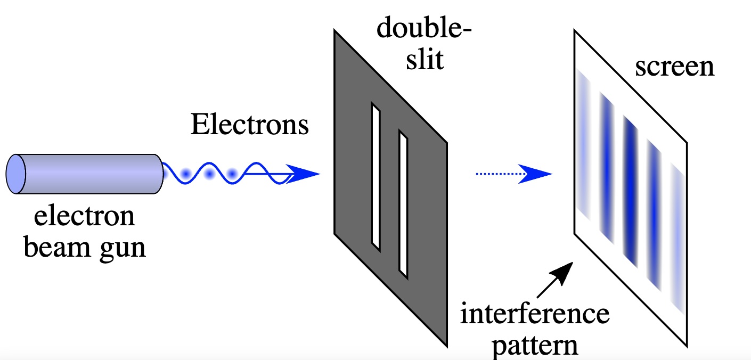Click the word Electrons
[x=250, y=126]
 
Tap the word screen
[x=674, y=68]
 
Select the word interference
[x=535, y=315]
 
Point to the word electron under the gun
[x=85, y=218]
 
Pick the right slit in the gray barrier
[x=403, y=207]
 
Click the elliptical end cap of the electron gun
[x=16, y=174]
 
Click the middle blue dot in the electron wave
[x=210, y=174]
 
